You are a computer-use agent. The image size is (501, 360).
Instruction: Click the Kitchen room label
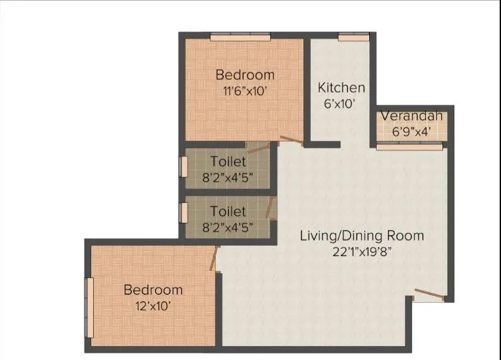pos(341,87)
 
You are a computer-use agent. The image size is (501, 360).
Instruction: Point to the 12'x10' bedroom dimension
pos(153,306)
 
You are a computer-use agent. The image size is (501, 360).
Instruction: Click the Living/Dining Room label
pos(361,236)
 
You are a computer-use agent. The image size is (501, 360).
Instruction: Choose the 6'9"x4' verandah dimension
pos(411,132)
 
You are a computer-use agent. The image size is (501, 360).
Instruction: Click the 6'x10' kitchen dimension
pos(341,103)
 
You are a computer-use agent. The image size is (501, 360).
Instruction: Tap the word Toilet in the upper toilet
pos(228,161)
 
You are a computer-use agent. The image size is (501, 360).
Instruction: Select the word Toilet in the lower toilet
pos(228,211)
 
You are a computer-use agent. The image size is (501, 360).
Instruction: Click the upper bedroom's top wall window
pos(240,37)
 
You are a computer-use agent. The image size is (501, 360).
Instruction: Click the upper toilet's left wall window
pos(184,166)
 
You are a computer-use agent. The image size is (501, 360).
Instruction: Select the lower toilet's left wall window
pos(184,213)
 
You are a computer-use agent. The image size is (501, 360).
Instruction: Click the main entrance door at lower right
pos(426,292)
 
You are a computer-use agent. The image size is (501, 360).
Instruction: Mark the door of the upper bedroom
pos(289,140)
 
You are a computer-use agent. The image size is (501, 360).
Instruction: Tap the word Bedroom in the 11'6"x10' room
pos(245,74)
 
